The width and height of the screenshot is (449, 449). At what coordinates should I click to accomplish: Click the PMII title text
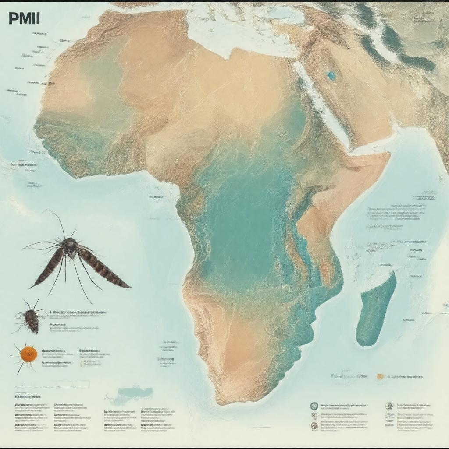coord(24,19)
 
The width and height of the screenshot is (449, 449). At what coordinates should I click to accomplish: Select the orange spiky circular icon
coord(28,352)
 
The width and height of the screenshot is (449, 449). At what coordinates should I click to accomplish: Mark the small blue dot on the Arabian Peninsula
coord(331,75)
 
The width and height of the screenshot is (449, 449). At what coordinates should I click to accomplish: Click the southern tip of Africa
coord(228,401)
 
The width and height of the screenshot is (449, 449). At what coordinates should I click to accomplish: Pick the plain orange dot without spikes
coord(380,376)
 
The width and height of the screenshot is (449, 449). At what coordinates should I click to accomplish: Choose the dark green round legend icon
coord(314,406)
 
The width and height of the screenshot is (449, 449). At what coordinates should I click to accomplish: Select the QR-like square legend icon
coord(389,406)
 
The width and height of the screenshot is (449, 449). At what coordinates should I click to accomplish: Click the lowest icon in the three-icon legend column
coord(314,425)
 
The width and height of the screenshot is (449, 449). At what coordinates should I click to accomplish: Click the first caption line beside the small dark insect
coord(77,313)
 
